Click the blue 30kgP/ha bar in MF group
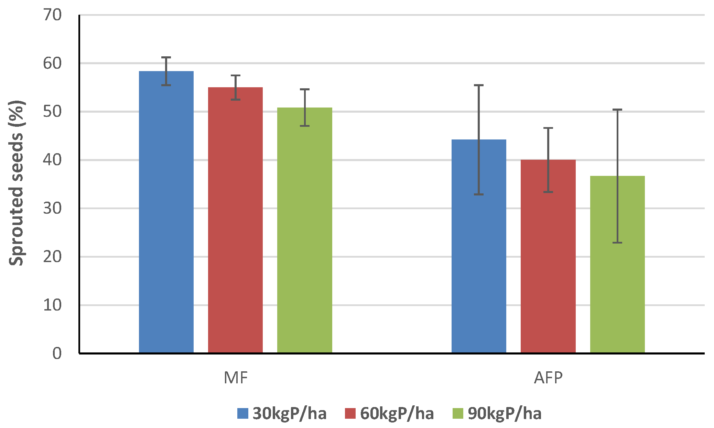click(166, 213)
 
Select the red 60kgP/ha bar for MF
click(235, 220)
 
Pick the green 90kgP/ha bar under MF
click(305, 230)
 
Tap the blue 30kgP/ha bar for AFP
click(479, 247)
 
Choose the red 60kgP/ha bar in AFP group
click(548, 258)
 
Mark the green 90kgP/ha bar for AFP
click(617, 264)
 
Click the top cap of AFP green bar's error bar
click(617, 110)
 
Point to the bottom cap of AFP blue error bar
click(479, 194)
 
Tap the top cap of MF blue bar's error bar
click(166, 57)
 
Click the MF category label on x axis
click(236, 378)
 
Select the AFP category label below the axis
click(548, 378)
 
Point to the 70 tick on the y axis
click(52, 15)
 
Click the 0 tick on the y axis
click(57, 353)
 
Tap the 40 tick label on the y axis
click(52, 160)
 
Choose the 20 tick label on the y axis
click(52, 257)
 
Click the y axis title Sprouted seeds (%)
click(16, 183)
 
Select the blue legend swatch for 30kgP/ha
click(243, 413)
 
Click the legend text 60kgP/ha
click(397, 413)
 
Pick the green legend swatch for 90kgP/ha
click(458, 413)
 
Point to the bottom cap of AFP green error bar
click(617, 243)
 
